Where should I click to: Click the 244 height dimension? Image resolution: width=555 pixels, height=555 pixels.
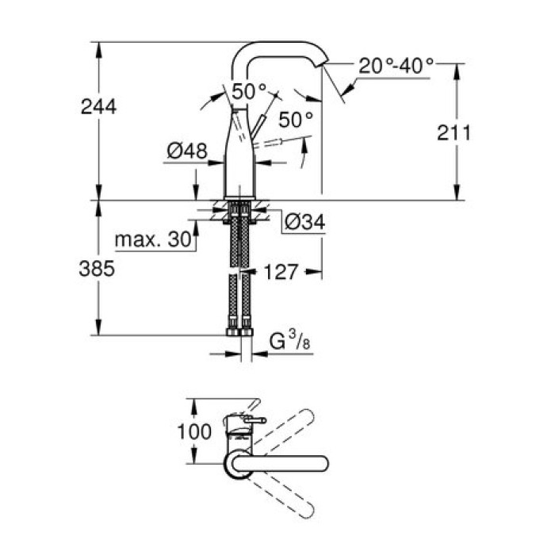coord(98,106)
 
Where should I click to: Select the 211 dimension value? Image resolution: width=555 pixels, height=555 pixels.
coord(455,132)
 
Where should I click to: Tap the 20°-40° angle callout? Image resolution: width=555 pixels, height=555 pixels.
coord(396,66)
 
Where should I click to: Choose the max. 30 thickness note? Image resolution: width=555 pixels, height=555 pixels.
coord(154,239)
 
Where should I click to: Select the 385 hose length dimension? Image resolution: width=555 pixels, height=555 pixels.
coord(98,269)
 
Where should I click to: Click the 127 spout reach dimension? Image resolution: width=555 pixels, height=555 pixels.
coord(282,272)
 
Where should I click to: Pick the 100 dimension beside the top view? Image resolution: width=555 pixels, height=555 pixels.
coord(195,431)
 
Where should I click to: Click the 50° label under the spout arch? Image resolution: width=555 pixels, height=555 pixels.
coord(250,90)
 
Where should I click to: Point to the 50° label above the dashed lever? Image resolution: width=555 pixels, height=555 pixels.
coord(297,120)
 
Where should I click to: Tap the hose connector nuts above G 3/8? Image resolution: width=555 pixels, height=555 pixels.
coord(241,325)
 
